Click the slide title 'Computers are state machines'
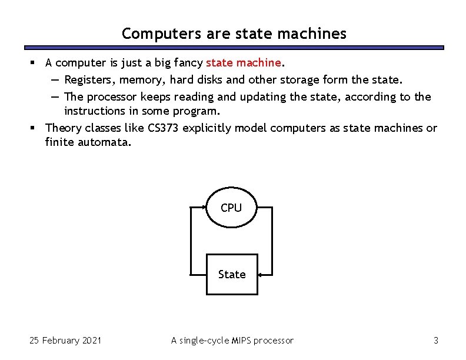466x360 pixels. (234, 34)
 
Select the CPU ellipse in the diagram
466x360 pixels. (231, 208)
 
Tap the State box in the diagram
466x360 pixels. (232, 274)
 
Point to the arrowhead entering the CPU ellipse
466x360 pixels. (204, 207)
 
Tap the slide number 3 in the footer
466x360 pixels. (435, 340)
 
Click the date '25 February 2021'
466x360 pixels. (65, 340)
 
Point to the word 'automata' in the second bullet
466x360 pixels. (102, 142)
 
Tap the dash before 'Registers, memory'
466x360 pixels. (54, 79)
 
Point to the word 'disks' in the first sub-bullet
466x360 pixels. (209, 79)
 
